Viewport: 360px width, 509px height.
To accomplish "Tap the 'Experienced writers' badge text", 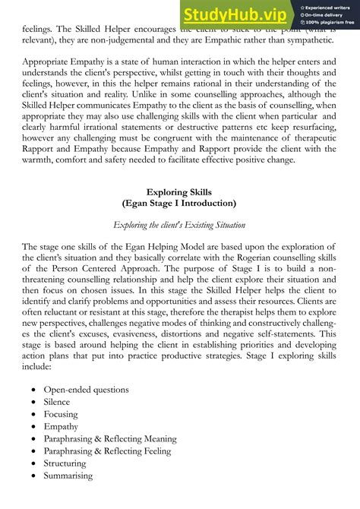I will point(329,6).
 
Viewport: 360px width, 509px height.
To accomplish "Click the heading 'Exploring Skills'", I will point(179,191).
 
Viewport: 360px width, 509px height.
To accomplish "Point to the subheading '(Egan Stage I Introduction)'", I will point(179,204).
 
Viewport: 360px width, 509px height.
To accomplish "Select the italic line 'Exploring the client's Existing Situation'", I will point(179,225).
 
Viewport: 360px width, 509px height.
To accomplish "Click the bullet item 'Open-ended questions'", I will point(86,390).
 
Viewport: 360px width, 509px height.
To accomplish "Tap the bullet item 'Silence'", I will point(57,402).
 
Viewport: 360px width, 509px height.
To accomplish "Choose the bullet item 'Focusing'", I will point(61,414).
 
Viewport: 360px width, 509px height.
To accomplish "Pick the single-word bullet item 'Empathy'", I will point(61,427).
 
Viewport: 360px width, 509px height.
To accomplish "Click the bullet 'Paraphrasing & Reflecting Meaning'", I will point(110,439).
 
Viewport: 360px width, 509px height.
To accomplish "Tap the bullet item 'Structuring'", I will point(66,463).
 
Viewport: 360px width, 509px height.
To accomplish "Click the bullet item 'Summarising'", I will point(68,476).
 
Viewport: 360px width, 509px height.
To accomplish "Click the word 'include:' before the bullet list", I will point(36,365).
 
